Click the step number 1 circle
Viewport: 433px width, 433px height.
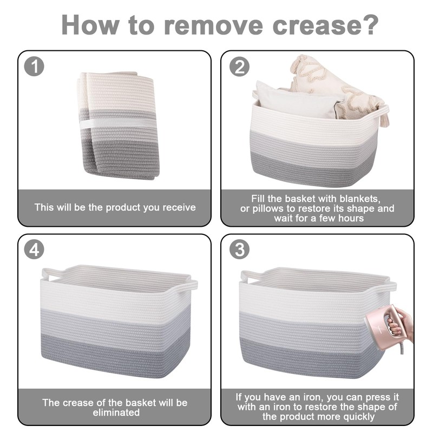coord(34,67)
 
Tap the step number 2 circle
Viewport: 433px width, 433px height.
coord(239,67)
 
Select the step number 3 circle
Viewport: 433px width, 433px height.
coord(239,250)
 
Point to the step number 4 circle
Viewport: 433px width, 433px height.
coord(34,250)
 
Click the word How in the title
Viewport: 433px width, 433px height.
coord(90,25)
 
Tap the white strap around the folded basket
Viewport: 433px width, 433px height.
coord(117,123)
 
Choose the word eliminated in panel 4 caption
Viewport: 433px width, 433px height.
coord(116,412)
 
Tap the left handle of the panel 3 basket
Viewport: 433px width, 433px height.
coord(248,277)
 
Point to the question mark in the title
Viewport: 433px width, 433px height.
coord(370,25)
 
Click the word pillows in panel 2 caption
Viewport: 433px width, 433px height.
coord(270,208)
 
